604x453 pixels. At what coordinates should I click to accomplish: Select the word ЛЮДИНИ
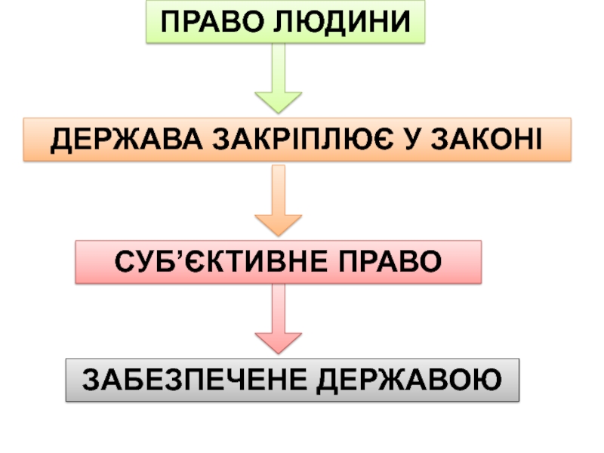[337, 22]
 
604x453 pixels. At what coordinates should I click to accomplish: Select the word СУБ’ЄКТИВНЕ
[222, 261]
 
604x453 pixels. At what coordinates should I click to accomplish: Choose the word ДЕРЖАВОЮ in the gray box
[410, 380]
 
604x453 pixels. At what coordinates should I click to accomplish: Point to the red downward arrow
[278, 321]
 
